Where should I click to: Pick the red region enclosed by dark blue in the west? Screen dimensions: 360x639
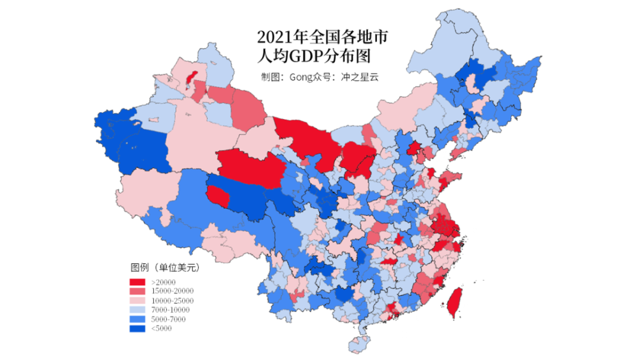[x=218, y=194]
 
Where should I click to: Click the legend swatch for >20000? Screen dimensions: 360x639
[x=138, y=282]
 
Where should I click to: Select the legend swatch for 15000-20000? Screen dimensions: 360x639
[x=138, y=291]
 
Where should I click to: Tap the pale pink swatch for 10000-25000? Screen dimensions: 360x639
[x=138, y=301]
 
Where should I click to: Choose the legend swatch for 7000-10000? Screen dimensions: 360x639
[x=138, y=309]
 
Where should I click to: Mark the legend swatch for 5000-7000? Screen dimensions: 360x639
[x=138, y=319]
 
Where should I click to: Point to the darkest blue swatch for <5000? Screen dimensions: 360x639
[x=138, y=328]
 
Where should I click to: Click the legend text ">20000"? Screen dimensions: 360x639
[x=164, y=282]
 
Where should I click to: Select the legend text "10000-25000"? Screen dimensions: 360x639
[x=173, y=301]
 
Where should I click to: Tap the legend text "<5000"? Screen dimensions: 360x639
[x=162, y=328]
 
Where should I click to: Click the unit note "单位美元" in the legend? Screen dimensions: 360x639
[x=177, y=267]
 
